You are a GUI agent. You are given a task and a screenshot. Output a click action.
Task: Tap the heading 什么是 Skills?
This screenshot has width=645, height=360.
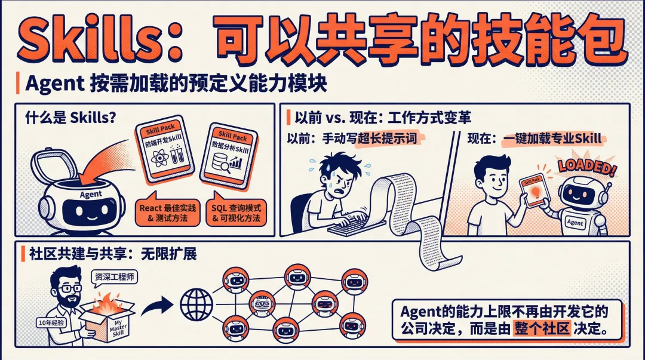pos(70,118)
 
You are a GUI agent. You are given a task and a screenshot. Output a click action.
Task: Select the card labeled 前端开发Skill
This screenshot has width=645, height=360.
pos(165,147)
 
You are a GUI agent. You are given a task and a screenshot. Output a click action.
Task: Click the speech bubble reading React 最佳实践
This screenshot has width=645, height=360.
pos(167,213)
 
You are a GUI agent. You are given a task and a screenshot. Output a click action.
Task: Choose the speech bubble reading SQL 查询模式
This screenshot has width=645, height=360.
pos(236,213)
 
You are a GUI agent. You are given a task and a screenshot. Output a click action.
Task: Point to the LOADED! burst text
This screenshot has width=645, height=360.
pos(587,166)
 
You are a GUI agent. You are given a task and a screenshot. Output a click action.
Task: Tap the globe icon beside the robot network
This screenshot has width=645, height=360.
pos(196,305)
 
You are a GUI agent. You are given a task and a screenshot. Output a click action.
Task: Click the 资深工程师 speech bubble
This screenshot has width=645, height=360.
pos(114,277)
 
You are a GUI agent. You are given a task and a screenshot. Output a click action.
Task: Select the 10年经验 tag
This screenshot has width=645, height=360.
pos(51,322)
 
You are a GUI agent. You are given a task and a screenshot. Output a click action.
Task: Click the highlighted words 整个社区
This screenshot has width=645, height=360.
pos(542,329)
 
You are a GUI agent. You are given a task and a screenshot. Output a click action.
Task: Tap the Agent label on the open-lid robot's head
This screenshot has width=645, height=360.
pos(91,194)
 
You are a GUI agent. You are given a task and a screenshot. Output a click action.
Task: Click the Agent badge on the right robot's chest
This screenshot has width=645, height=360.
pos(575,222)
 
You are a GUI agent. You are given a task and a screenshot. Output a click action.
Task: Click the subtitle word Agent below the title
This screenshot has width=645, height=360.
pos(55,84)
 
